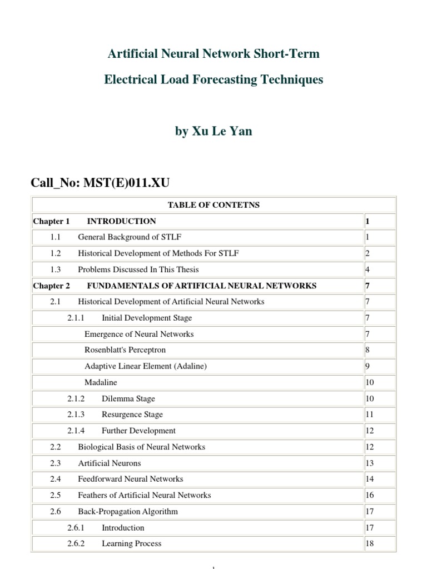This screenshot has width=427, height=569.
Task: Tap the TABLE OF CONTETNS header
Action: point(213,205)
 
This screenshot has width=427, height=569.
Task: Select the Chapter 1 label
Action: point(51,221)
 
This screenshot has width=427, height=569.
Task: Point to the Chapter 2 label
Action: point(51,286)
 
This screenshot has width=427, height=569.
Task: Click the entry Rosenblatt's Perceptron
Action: point(125,350)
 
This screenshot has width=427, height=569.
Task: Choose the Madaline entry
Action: point(101,382)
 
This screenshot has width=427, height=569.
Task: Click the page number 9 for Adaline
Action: point(368,366)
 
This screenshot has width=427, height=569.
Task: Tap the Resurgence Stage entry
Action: point(132,415)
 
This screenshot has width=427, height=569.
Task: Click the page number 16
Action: point(370,495)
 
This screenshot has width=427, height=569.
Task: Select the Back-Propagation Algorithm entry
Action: point(128,511)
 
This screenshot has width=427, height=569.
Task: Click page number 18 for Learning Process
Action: point(370,543)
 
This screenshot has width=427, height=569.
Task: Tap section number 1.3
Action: point(54,269)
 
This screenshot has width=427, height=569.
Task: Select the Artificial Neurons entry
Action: point(110,463)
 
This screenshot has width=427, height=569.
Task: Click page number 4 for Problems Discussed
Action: point(368,269)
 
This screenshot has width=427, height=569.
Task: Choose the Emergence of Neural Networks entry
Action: point(139,334)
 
